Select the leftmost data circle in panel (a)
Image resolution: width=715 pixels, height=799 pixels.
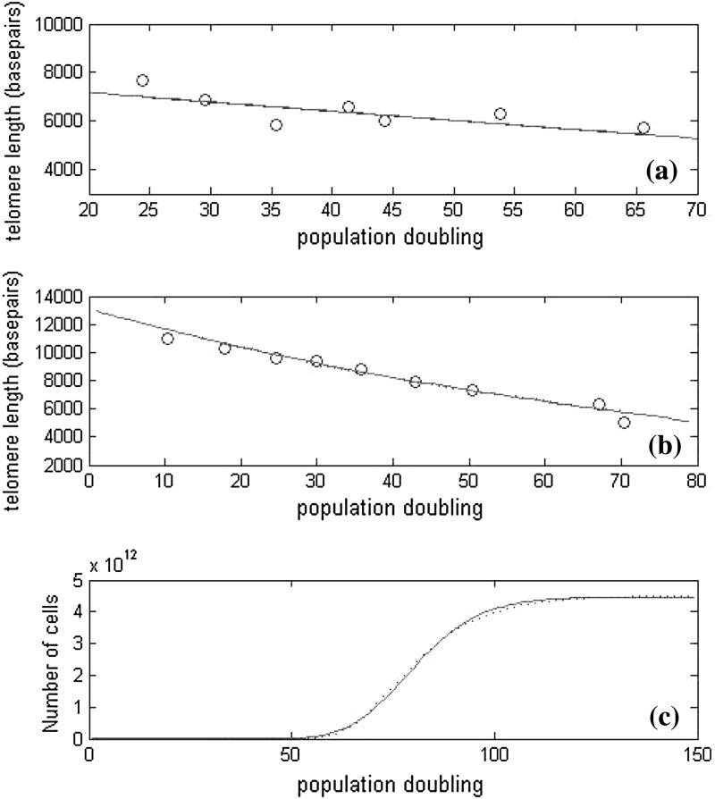pyautogui.click(x=142, y=80)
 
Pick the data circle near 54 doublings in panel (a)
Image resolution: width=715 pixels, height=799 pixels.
pyautogui.click(x=500, y=114)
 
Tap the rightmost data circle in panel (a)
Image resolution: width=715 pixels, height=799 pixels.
pyautogui.click(x=643, y=128)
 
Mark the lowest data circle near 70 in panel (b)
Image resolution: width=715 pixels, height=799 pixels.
pyautogui.click(x=624, y=423)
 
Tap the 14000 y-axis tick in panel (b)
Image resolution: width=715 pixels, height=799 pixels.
pyautogui.click(x=60, y=297)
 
